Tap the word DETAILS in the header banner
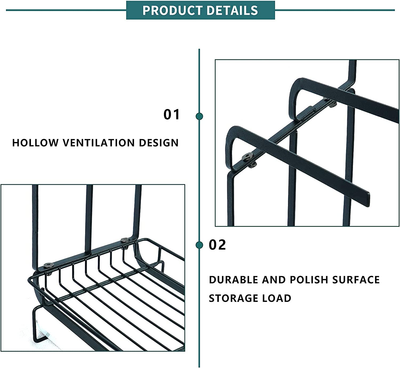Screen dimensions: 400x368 232,10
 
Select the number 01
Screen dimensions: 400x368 171,115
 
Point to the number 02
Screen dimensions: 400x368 217,245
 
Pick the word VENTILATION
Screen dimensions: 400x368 98,143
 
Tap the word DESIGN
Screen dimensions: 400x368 159,143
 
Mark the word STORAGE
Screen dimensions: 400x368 233,298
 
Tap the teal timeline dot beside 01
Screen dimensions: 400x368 199,116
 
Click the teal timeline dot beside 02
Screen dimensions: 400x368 199,245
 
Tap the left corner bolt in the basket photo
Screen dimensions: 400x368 49,265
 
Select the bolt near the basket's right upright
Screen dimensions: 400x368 125,240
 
